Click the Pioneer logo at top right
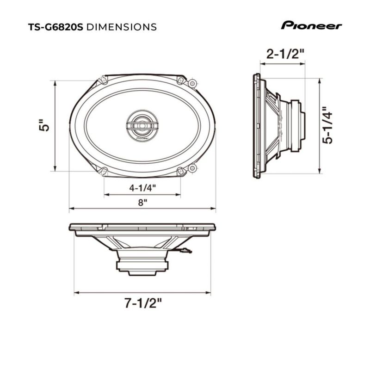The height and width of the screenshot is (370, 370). pyautogui.click(x=311, y=25)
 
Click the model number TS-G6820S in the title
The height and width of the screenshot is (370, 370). pyautogui.click(x=55, y=27)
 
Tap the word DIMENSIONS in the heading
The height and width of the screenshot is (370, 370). pyautogui.click(x=122, y=27)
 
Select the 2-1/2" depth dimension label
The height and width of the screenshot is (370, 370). pyautogui.click(x=285, y=54)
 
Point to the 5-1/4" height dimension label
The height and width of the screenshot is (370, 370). pyautogui.click(x=327, y=125)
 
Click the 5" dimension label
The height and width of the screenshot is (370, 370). pyautogui.click(x=44, y=125)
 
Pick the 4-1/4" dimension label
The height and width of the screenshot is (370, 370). pyautogui.click(x=142, y=188)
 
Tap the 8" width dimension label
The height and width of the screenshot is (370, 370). pyautogui.click(x=142, y=203)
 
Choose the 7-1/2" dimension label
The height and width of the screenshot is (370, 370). pyautogui.click(x=143, y=303)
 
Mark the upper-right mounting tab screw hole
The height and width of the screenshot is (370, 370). pyautogui.click(x=192, y=84)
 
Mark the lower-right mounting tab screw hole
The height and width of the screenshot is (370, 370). pyautogui.click(x=192, y=168)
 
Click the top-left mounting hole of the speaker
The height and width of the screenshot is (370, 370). pyautogui.click(x=103, y=80)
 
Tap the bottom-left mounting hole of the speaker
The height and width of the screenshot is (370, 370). pyautogui.click(x=103, y=171)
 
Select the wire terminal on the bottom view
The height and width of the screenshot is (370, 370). pyautogui.click(x=185, y=250)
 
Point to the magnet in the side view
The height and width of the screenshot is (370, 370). pyautogui.click(x=296, y=126)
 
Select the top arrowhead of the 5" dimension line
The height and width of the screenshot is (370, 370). pyautogui.click(x=55, y=83)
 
